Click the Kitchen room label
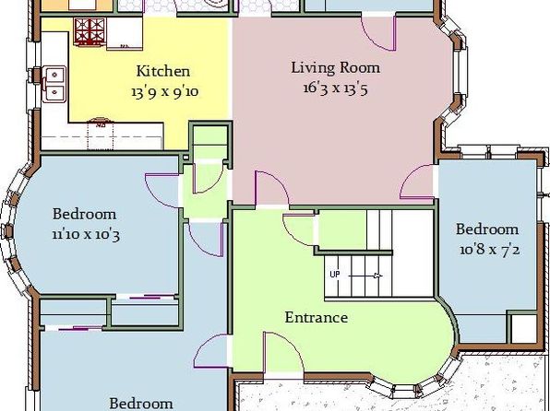pyautogui.click(x=163, y=71)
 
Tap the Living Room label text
pyautogui.click(x=335, y=67)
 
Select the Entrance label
pyautogui.click(x=317, y=317)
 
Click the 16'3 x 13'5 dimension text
pyautogui.click(x=335, y=88)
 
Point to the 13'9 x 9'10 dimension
pyautogui.click(x=165, y=92)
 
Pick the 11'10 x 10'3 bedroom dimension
pyautogui.click(x=86, y=234)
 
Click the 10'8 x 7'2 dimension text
pyautogui.click(x=490, y=250)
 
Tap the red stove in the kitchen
pyautogui.click(x=90, y=32)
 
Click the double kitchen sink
pyautogui.click(x=54, y=84)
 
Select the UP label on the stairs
pyautogui.click(x=335, y=274)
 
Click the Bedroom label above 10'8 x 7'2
pyautogui.click(x=487, y=229)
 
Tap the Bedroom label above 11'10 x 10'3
pyautogui.click(x=84, y=214)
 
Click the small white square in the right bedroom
pyautogui.click(x=524, y=329)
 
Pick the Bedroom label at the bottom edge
pyautogui.click(x=141, y=404)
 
